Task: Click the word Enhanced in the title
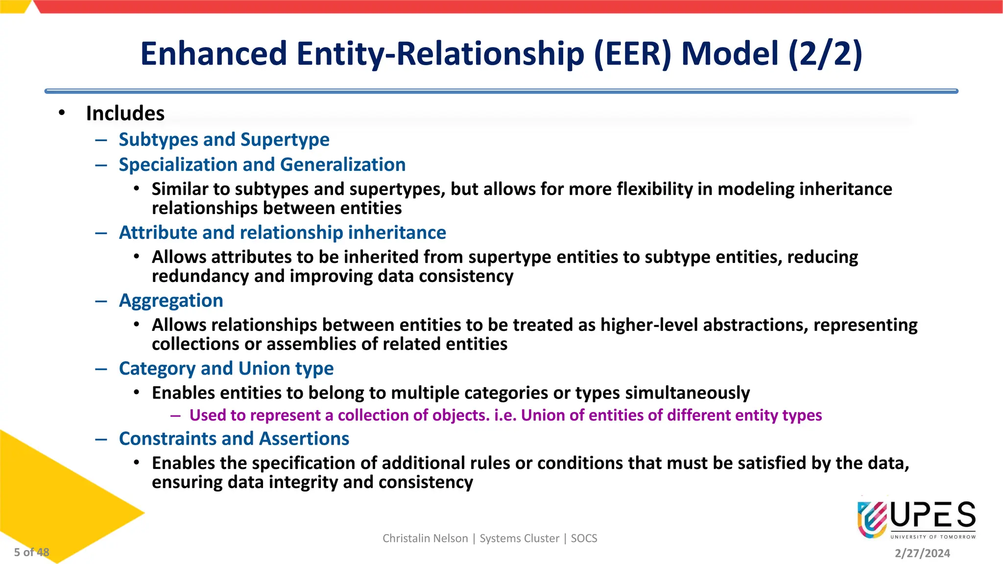point(213,54)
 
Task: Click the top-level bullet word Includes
point(125,114)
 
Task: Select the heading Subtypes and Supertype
point(224,140)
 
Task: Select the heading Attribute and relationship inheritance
point(282,233)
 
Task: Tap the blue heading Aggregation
point(171,301)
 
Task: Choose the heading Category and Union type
point(226,369)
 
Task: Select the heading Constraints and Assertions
point(234,439)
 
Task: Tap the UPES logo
point(916,519)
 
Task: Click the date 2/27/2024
point(922,553)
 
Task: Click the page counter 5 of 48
point(31,552)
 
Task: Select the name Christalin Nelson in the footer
point(425,539)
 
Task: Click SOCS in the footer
point(584,539)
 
